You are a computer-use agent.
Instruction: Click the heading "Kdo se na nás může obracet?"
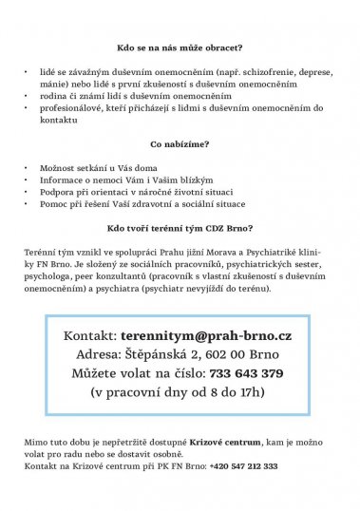[180, 46]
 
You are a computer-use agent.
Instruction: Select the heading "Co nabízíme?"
[180, 144]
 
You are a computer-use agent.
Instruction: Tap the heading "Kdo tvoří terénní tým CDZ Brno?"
[180, 228]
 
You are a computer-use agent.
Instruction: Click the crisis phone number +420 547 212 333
[245, 466]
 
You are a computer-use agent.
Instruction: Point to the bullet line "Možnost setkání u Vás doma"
[101, 166]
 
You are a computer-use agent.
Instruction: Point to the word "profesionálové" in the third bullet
[71, 108]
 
